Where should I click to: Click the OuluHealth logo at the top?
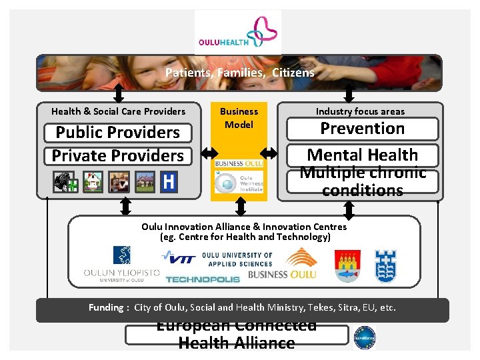tap(238, 32)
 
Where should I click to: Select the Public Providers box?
tap(117, 133)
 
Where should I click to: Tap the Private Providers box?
tap(117, 156)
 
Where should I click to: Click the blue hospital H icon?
tap(169, 181)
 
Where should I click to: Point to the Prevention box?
tap(363, 129)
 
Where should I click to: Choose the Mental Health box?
tap(363, 155)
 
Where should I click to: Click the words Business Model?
tap(239, 118)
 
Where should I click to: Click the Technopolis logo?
tap(202, 279)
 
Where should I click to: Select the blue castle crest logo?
tap(386, 265)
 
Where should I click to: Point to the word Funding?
tap(106, 308)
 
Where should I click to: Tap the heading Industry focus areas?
tap(360, 111)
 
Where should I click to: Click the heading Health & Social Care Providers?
tap(118, 111)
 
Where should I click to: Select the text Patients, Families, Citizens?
tap(239, 73)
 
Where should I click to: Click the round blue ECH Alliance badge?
tap(365, 337)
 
